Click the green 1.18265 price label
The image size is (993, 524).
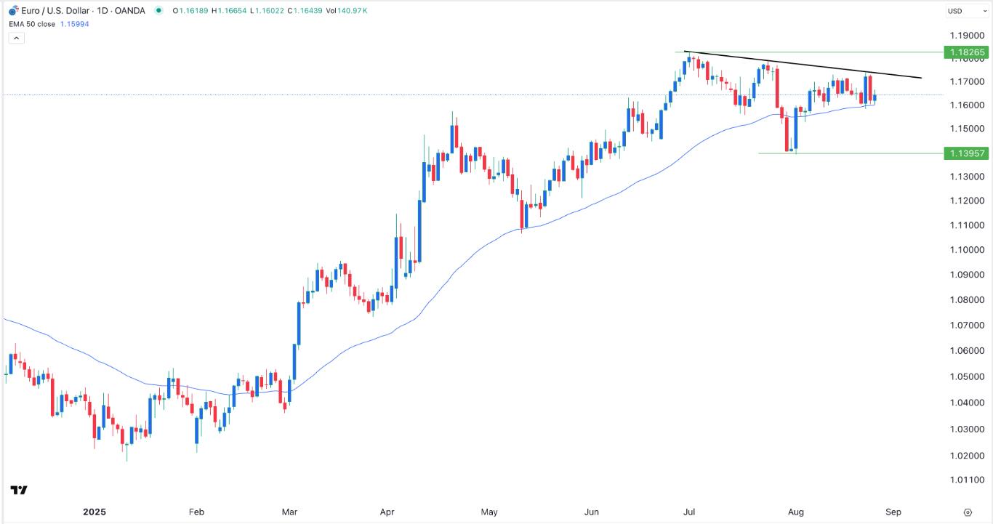pos(966,52)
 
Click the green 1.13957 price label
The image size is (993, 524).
pos(966,153)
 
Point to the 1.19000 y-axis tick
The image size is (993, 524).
pos(966,35)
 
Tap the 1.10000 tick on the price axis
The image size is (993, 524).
pos(966,249)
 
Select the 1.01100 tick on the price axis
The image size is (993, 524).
pos(966,480)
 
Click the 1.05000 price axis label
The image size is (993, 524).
pos(966,376)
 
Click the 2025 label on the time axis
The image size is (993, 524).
pos(95,512)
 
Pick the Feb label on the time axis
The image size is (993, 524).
pos(196,512)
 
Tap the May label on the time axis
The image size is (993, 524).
pos(489,512)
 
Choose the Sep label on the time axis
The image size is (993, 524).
pos(893,512)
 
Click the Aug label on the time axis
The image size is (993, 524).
pos(796,512)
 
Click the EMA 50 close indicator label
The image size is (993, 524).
pos(36,24)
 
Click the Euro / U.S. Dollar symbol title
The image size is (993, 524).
pos(56,11)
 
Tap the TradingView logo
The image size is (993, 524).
pos(19,490)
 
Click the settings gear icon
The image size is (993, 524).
pos(968,512)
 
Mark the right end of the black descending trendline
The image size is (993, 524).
pos(921,78)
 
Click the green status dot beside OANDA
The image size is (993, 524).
pos(158,11)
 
